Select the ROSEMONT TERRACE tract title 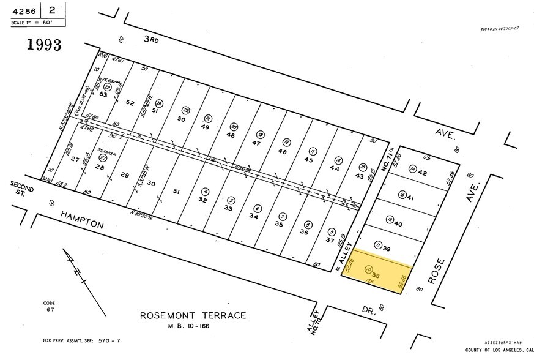tap(193, 316)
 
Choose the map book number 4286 tap(24, 10)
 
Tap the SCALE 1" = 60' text tap(32, 23)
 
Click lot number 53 tap(103, 95)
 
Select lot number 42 tap(422, 173)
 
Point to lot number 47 tap(256, 143)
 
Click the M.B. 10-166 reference tap(193, 326)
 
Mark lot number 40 tap(398, 224)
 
